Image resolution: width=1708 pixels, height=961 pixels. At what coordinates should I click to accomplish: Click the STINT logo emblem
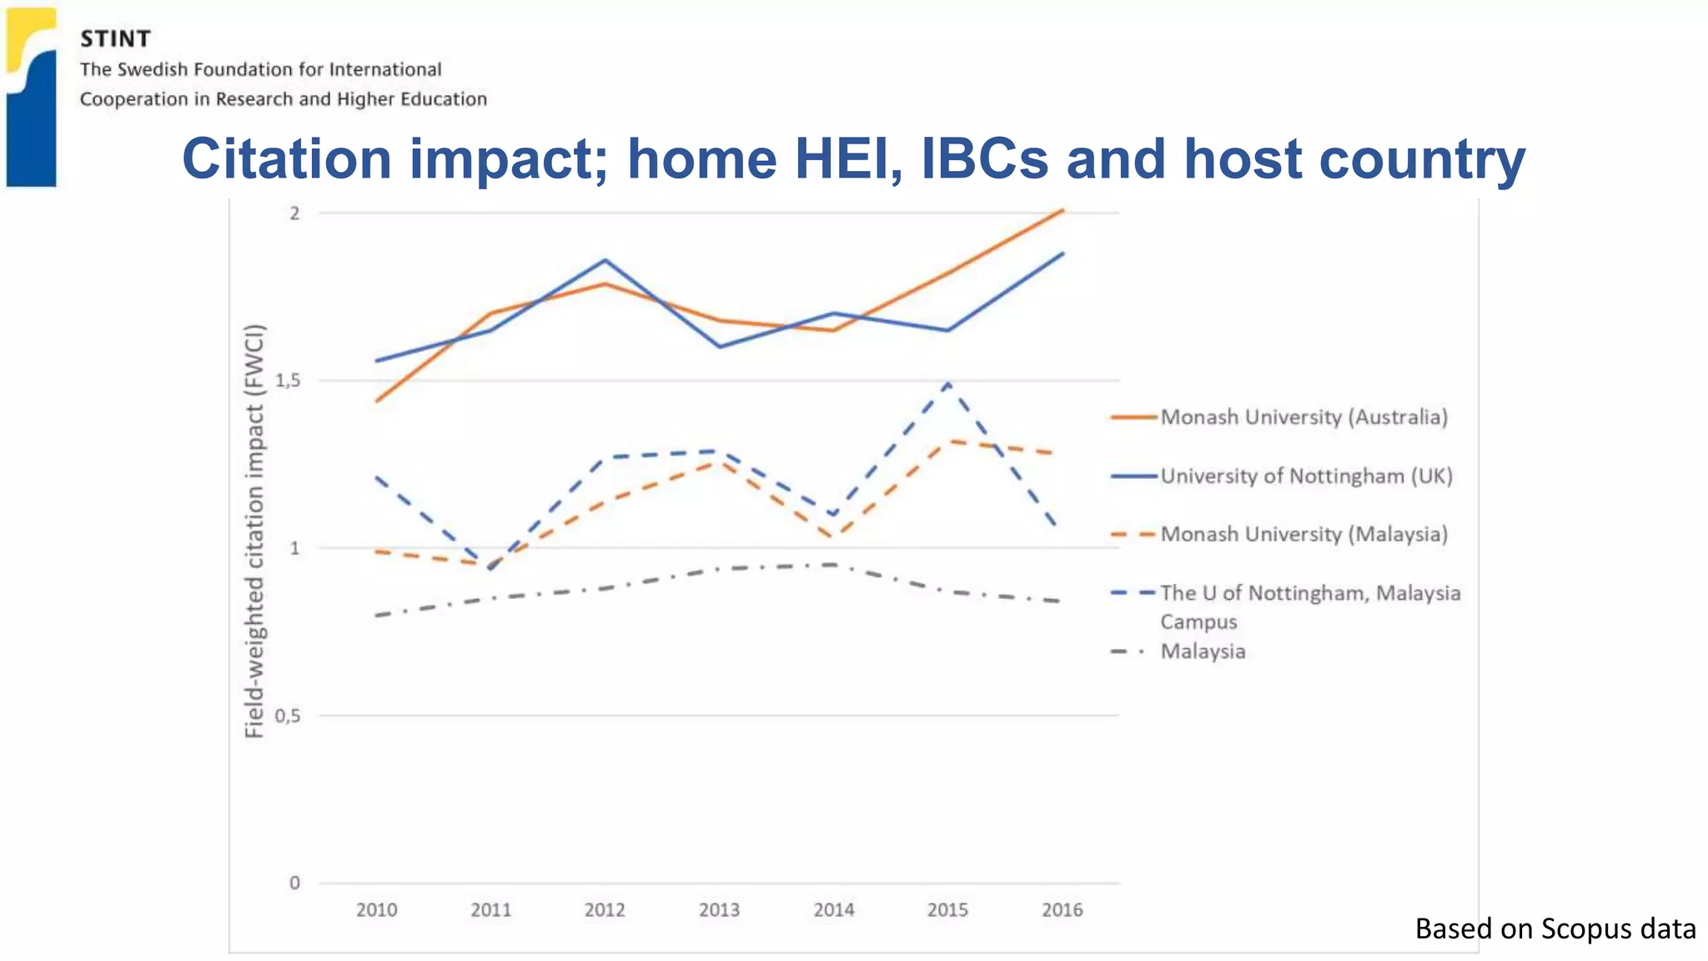32,96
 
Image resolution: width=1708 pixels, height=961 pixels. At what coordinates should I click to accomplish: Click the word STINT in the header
115,39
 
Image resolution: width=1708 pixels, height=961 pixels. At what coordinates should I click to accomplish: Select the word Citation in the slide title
286,158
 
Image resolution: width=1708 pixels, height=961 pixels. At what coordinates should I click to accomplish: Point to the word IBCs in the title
984,158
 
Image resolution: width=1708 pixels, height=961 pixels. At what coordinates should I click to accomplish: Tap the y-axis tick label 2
294,214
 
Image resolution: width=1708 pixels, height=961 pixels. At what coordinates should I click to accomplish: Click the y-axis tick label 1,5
288,380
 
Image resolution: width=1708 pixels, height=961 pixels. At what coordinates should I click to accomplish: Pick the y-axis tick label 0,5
288,716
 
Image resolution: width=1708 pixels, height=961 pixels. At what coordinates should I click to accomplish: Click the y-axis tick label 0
294,883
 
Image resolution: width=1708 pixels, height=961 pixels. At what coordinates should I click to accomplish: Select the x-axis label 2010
376,910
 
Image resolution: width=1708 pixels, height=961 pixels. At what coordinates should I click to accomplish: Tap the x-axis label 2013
719,910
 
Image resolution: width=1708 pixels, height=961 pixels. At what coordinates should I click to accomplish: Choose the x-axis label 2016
1062,910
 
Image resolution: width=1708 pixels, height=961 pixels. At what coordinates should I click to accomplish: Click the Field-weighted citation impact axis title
254,531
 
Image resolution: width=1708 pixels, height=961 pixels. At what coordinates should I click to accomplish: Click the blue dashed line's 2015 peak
948,383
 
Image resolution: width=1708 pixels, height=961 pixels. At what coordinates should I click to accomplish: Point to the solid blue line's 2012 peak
605,260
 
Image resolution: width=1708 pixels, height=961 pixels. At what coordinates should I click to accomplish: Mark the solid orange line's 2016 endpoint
1062,211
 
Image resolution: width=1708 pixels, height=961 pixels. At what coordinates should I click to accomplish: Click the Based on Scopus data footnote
1555,928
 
